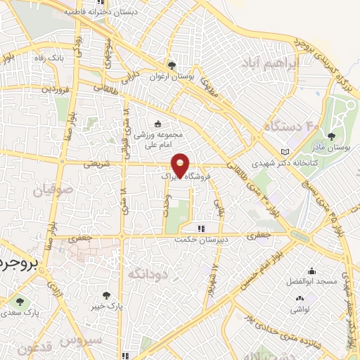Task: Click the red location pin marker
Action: [x=181, y=165]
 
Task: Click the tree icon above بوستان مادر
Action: [x=330, y=136]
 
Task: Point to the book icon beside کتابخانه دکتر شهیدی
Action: [x=284, y=152]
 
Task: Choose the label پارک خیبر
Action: [x=106, y=307]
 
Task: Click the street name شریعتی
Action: [x=96, y=164]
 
